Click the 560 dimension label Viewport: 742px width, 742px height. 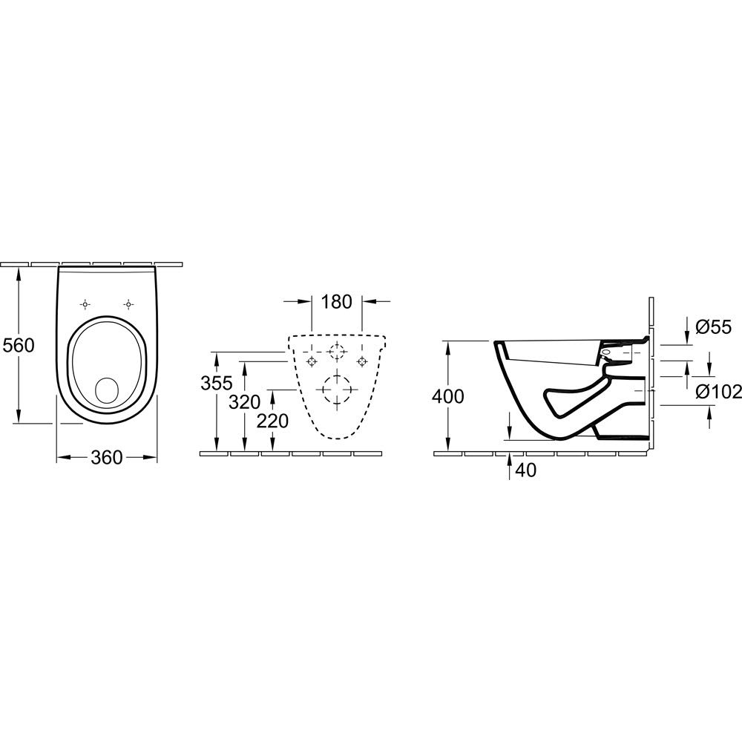click(19, 346)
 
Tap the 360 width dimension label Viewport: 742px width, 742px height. click(106, 457)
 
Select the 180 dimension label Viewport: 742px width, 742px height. click(336, 301)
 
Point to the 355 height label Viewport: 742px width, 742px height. click(217, 382)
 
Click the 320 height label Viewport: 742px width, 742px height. click(245, 402)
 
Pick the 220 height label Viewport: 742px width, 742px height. click(272, 421)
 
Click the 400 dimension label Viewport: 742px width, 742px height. click(447, 396)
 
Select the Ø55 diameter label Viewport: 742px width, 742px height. click(714, 327)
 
